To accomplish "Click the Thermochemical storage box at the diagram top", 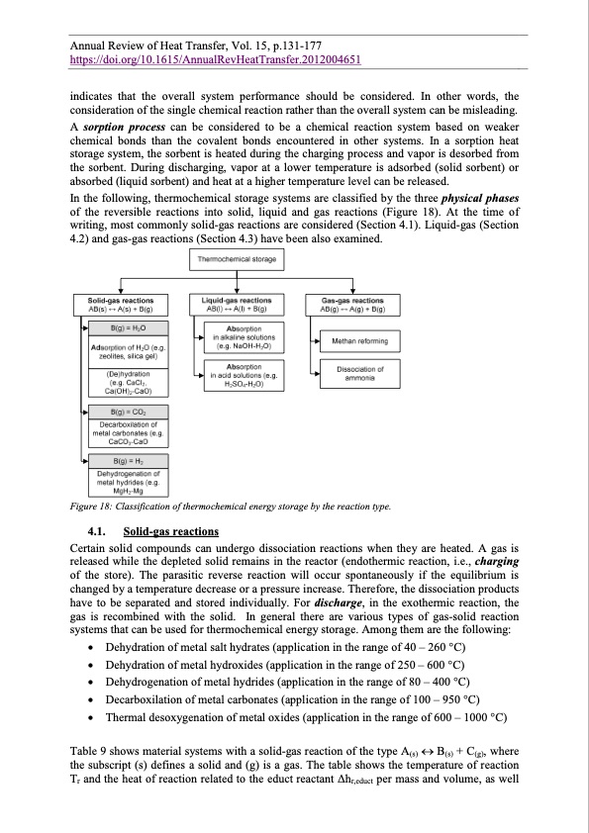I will click(x=236, y=259).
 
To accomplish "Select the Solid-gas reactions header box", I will click(x=120, y=304).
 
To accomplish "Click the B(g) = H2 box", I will click(x=124, y=461).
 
